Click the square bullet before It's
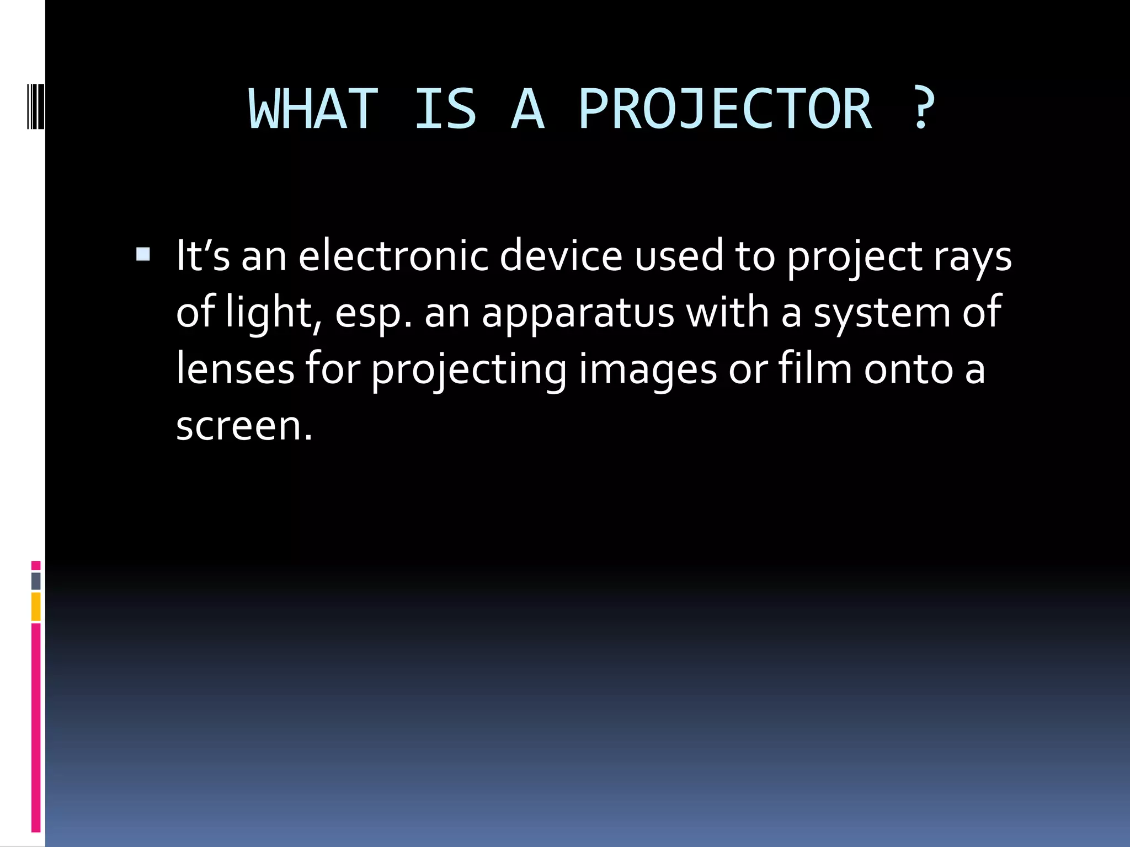143,254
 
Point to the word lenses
235,369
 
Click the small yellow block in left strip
36,607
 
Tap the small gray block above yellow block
36,581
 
